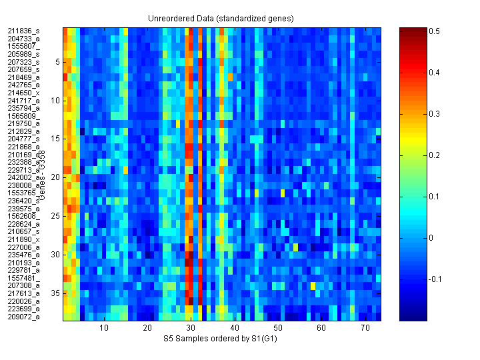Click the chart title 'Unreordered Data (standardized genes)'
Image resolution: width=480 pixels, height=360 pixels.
coord(221,18)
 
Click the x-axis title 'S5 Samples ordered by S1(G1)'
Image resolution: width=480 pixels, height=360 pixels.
coord(221,339)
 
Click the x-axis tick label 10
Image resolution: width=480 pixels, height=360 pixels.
coord(104,329)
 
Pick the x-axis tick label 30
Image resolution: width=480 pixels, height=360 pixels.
coord(191,329)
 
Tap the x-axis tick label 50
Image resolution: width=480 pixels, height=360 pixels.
coord(278,329)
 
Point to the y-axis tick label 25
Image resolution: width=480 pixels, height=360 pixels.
coord(56,216)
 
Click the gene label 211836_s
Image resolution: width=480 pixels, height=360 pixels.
coord(23,31)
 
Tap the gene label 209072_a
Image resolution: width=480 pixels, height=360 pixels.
coord(23,317)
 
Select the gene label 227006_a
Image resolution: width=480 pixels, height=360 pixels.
coord(23,247)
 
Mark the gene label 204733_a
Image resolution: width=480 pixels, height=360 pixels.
coord(23,39)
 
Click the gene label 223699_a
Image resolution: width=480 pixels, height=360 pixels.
coord(23,309)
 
